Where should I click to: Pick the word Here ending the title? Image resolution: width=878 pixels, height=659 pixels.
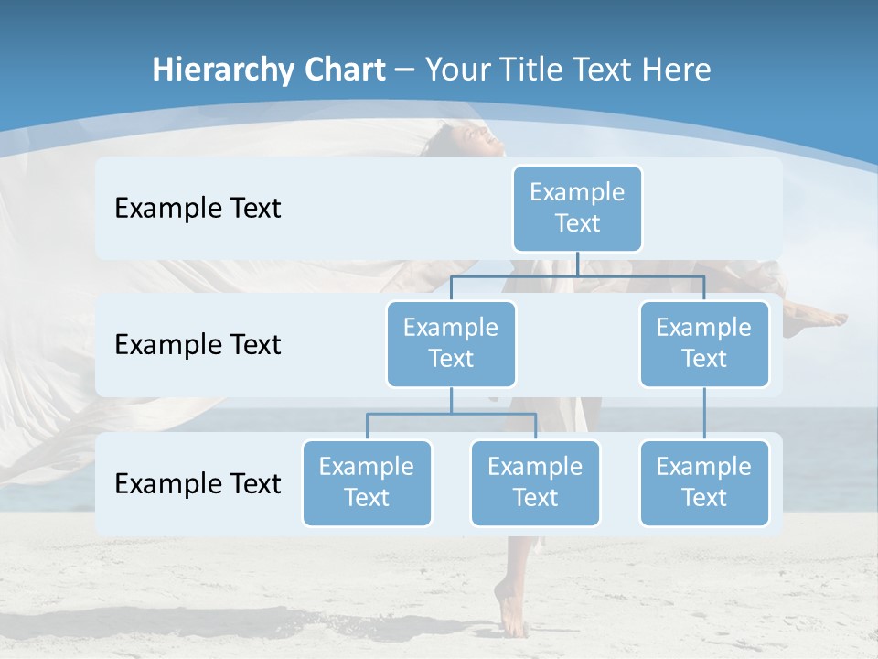[x=676, y=70]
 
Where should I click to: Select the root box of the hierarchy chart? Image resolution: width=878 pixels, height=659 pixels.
[x=577, y=208]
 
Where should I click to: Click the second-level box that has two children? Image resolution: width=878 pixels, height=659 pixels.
[x=451, y=343]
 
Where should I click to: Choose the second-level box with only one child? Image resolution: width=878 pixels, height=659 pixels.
[x=704, y=343]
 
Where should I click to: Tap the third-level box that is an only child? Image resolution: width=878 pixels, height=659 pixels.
[x=704, y=482]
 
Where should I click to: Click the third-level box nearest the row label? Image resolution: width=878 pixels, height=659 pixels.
[x=367, y=482]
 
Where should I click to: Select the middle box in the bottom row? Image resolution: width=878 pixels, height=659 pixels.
[x=535, y=482]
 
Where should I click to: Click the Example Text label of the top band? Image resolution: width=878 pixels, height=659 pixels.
[x=198, y=208]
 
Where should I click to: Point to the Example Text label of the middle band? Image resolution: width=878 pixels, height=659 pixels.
[x=198, y=344]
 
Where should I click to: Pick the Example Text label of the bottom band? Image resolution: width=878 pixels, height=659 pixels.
[x=198, y=483]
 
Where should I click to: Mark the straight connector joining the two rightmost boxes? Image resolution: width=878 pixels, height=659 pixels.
[x=704, y=414]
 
